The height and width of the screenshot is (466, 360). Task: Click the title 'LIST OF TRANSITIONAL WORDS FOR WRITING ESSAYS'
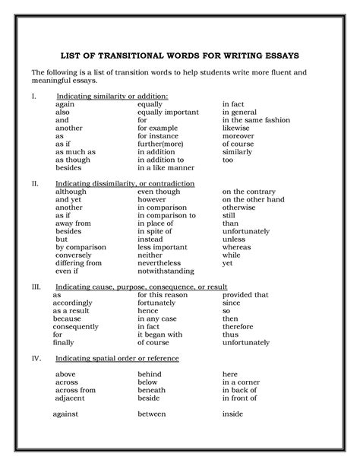(x=180, y=55)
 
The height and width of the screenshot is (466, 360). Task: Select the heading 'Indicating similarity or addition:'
(x=112, y=96)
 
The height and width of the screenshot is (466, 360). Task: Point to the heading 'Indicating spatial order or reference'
(x=117, y=357)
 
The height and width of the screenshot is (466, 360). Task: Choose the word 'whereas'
(x=236, y=246)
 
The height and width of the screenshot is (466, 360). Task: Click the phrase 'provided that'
(x=245, y=295)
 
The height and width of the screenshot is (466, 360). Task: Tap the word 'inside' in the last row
(x=232, y=415)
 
